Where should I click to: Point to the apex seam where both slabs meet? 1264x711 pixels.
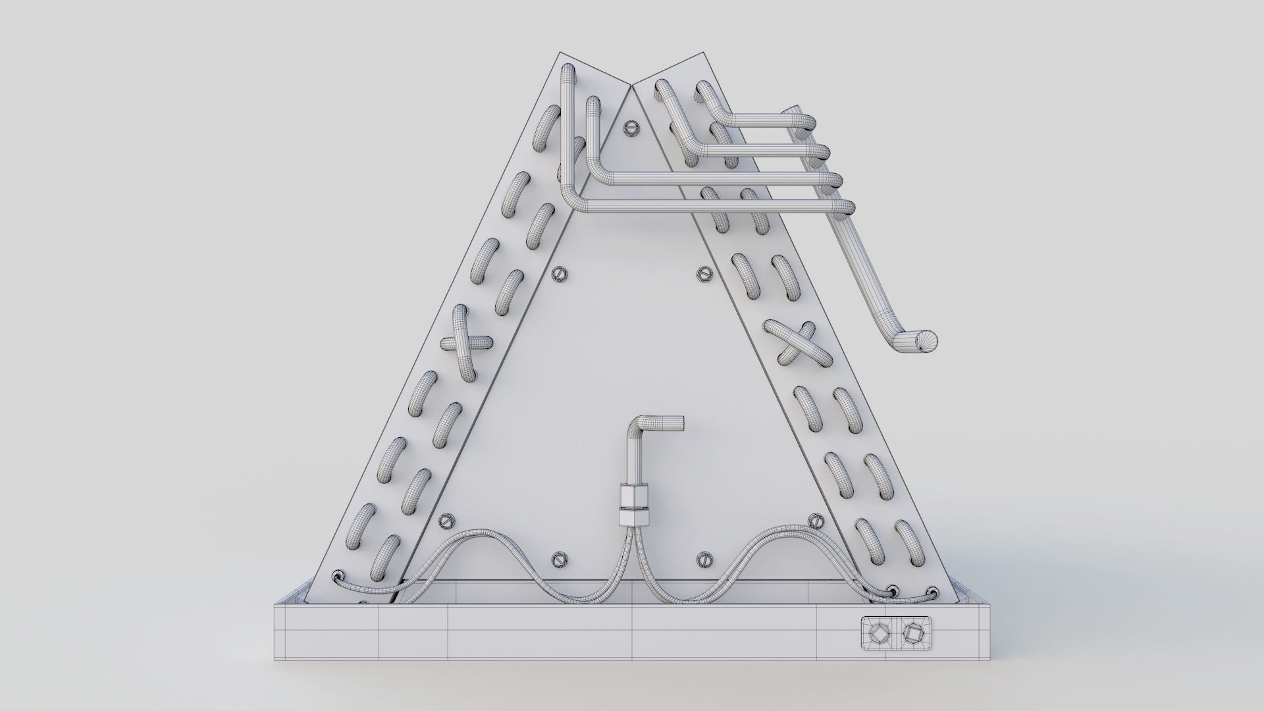pyautogui.click(x=633, y=85)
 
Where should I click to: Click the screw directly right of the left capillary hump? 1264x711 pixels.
pyautogui.click(x=559, y=559)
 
